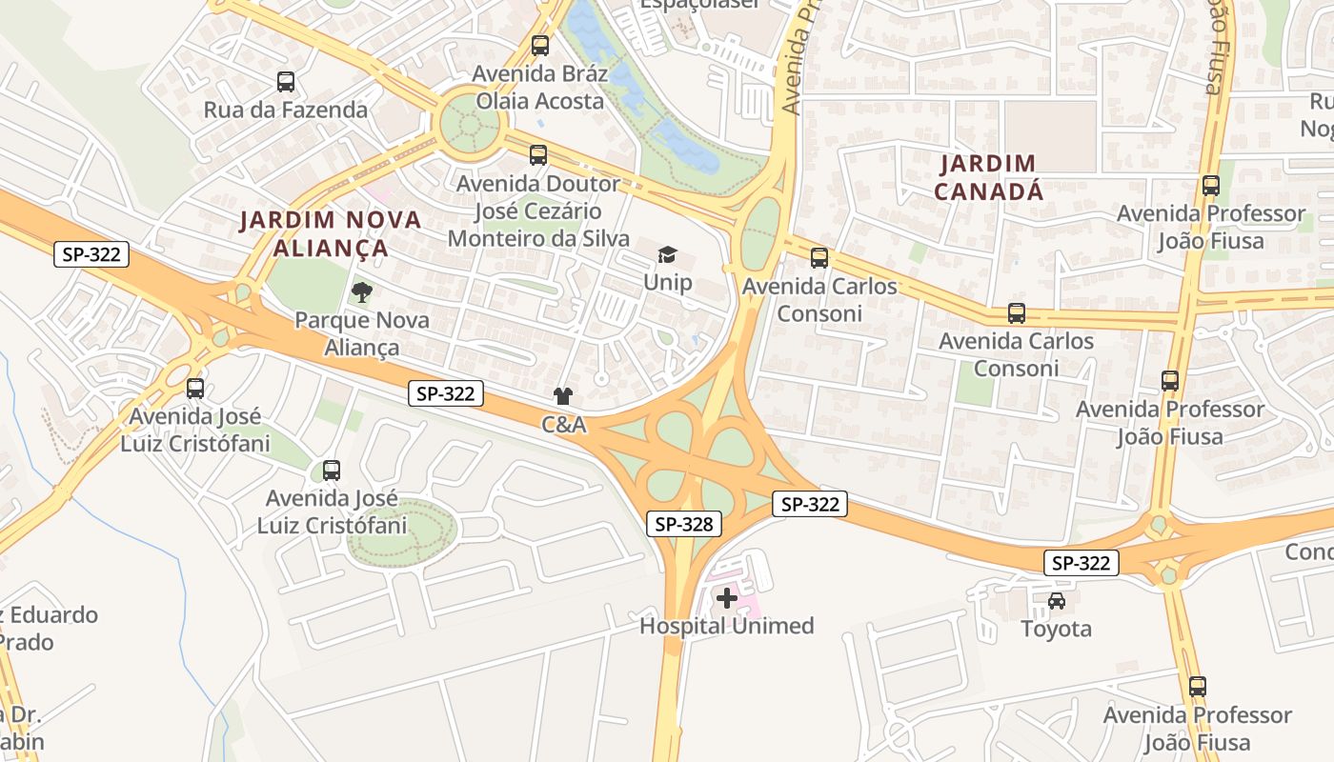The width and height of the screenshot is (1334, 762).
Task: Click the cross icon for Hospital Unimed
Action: tap(727, 598)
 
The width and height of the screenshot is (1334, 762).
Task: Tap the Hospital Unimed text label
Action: tap(727, 626)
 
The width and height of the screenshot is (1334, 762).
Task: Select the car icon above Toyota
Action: tap(1057, 601)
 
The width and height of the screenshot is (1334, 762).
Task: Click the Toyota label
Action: tap(1056, 629)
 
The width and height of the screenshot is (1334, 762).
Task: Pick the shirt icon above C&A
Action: tap(563, 396)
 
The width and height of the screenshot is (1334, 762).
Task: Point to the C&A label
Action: tap(564, 425)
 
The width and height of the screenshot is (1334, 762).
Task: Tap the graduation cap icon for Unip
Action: tap(667, 255)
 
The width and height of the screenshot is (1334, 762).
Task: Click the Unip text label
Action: tap(667, 283)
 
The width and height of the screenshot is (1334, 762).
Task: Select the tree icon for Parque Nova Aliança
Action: tap(361, 292)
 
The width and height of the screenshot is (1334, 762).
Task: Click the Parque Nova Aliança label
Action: tap(362, 333)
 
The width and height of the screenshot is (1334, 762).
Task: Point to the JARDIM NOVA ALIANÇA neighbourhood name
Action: tap(330, 233)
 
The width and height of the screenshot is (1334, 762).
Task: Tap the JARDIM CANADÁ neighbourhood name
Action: tap(988, 177)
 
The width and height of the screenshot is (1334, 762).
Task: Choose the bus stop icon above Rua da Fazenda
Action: tap(285, 82)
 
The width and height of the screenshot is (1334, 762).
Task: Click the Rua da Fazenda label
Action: tap(285, 110)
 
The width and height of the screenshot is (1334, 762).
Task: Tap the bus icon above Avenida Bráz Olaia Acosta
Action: tap(540, 45)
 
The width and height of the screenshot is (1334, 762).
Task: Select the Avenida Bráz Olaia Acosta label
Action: tap(540, 87)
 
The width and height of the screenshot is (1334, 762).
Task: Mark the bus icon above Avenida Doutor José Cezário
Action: tap(538, 154)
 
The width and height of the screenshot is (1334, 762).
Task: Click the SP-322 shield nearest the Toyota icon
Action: tap(1081, 563)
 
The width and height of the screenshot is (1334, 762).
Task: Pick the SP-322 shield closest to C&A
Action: tap(446, 392)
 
